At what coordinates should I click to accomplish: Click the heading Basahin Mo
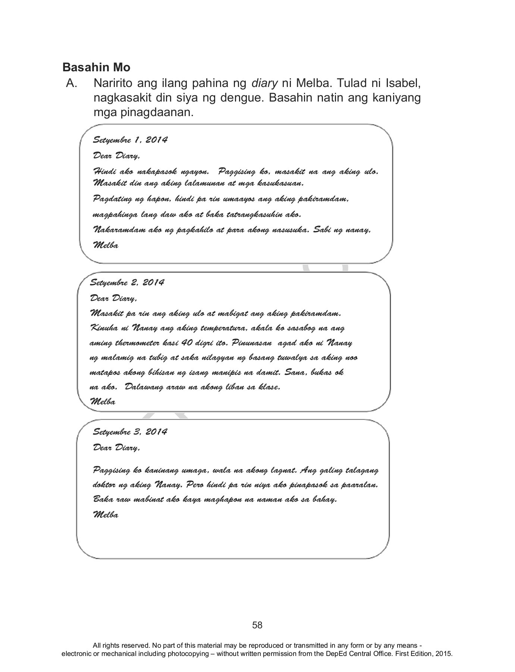(x=96, y=68)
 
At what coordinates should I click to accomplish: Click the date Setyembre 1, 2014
(x=130, y=140)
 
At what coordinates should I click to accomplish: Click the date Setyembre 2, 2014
(x=127, y=282)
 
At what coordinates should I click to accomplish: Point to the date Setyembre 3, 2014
(x=130, y=432)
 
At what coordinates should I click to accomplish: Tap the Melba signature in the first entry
(x=106, y=246)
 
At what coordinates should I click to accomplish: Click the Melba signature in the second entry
(x=103, y=402)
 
